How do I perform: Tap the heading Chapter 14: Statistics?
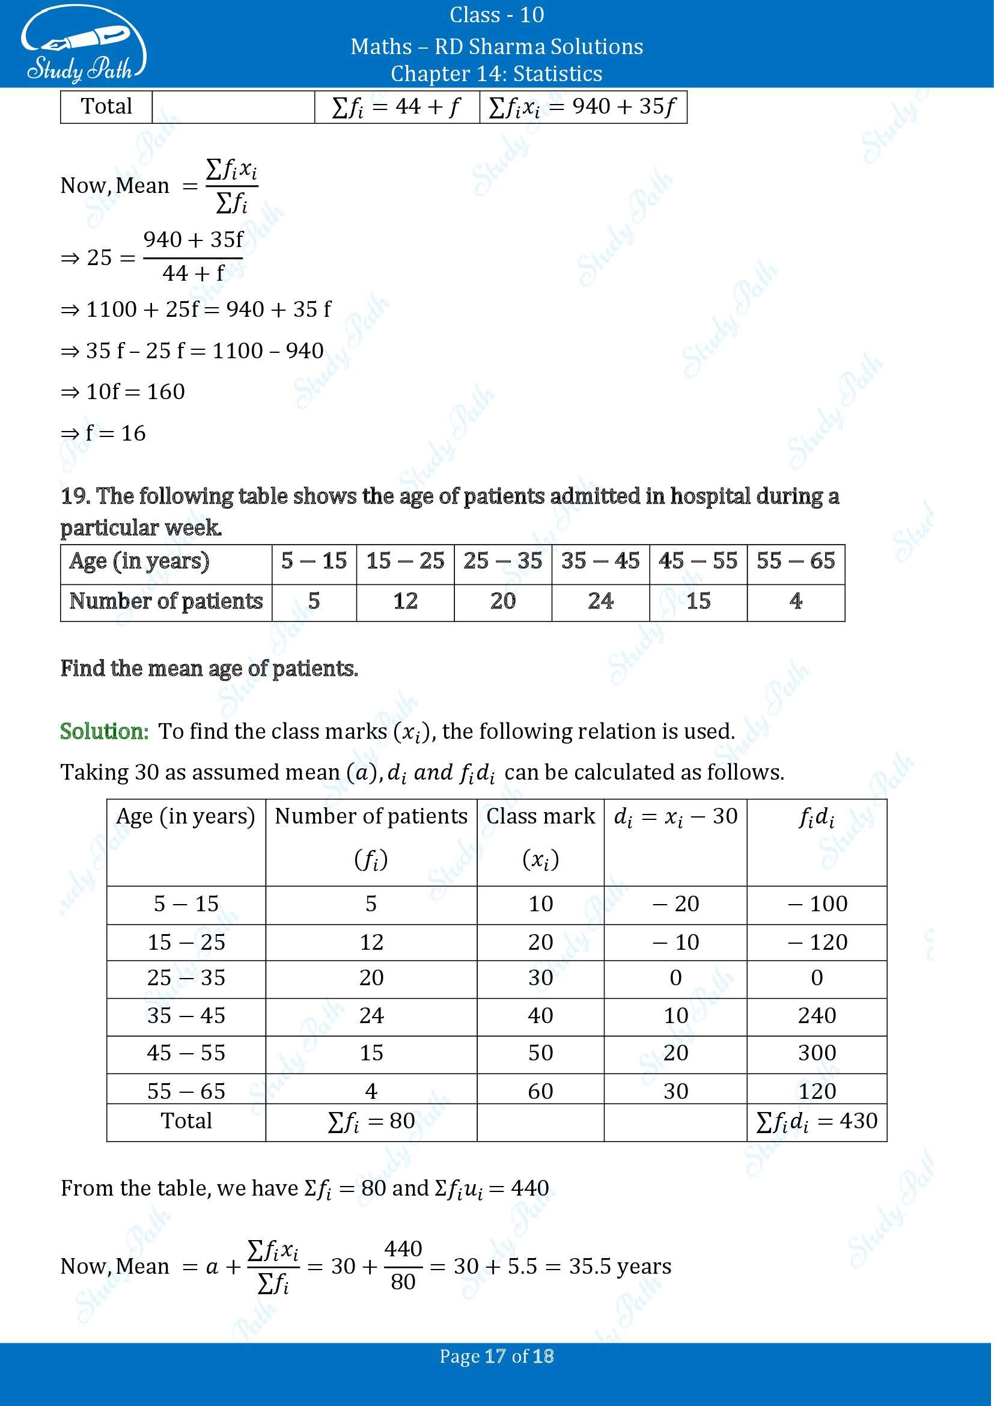click(496, 73)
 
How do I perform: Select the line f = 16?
click(104, 433)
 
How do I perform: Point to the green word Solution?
click(104, 731)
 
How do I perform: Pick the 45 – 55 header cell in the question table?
click(698, 561)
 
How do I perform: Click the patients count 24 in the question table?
click(600, 601)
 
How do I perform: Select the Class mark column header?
click(540, 816)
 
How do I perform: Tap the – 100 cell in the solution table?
click(817, 904)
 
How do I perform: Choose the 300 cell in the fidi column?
click(817, 1053)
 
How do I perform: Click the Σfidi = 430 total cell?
click(817, 1121)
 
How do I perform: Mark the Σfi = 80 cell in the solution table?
click(371, 1121)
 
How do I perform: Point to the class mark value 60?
click(540, 1090)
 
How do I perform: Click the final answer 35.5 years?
click(620, 1266)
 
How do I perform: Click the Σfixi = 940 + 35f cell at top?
click(583, 107)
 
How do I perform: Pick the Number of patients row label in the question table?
click(166, 601)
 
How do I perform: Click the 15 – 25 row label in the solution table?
click(186, 943)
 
